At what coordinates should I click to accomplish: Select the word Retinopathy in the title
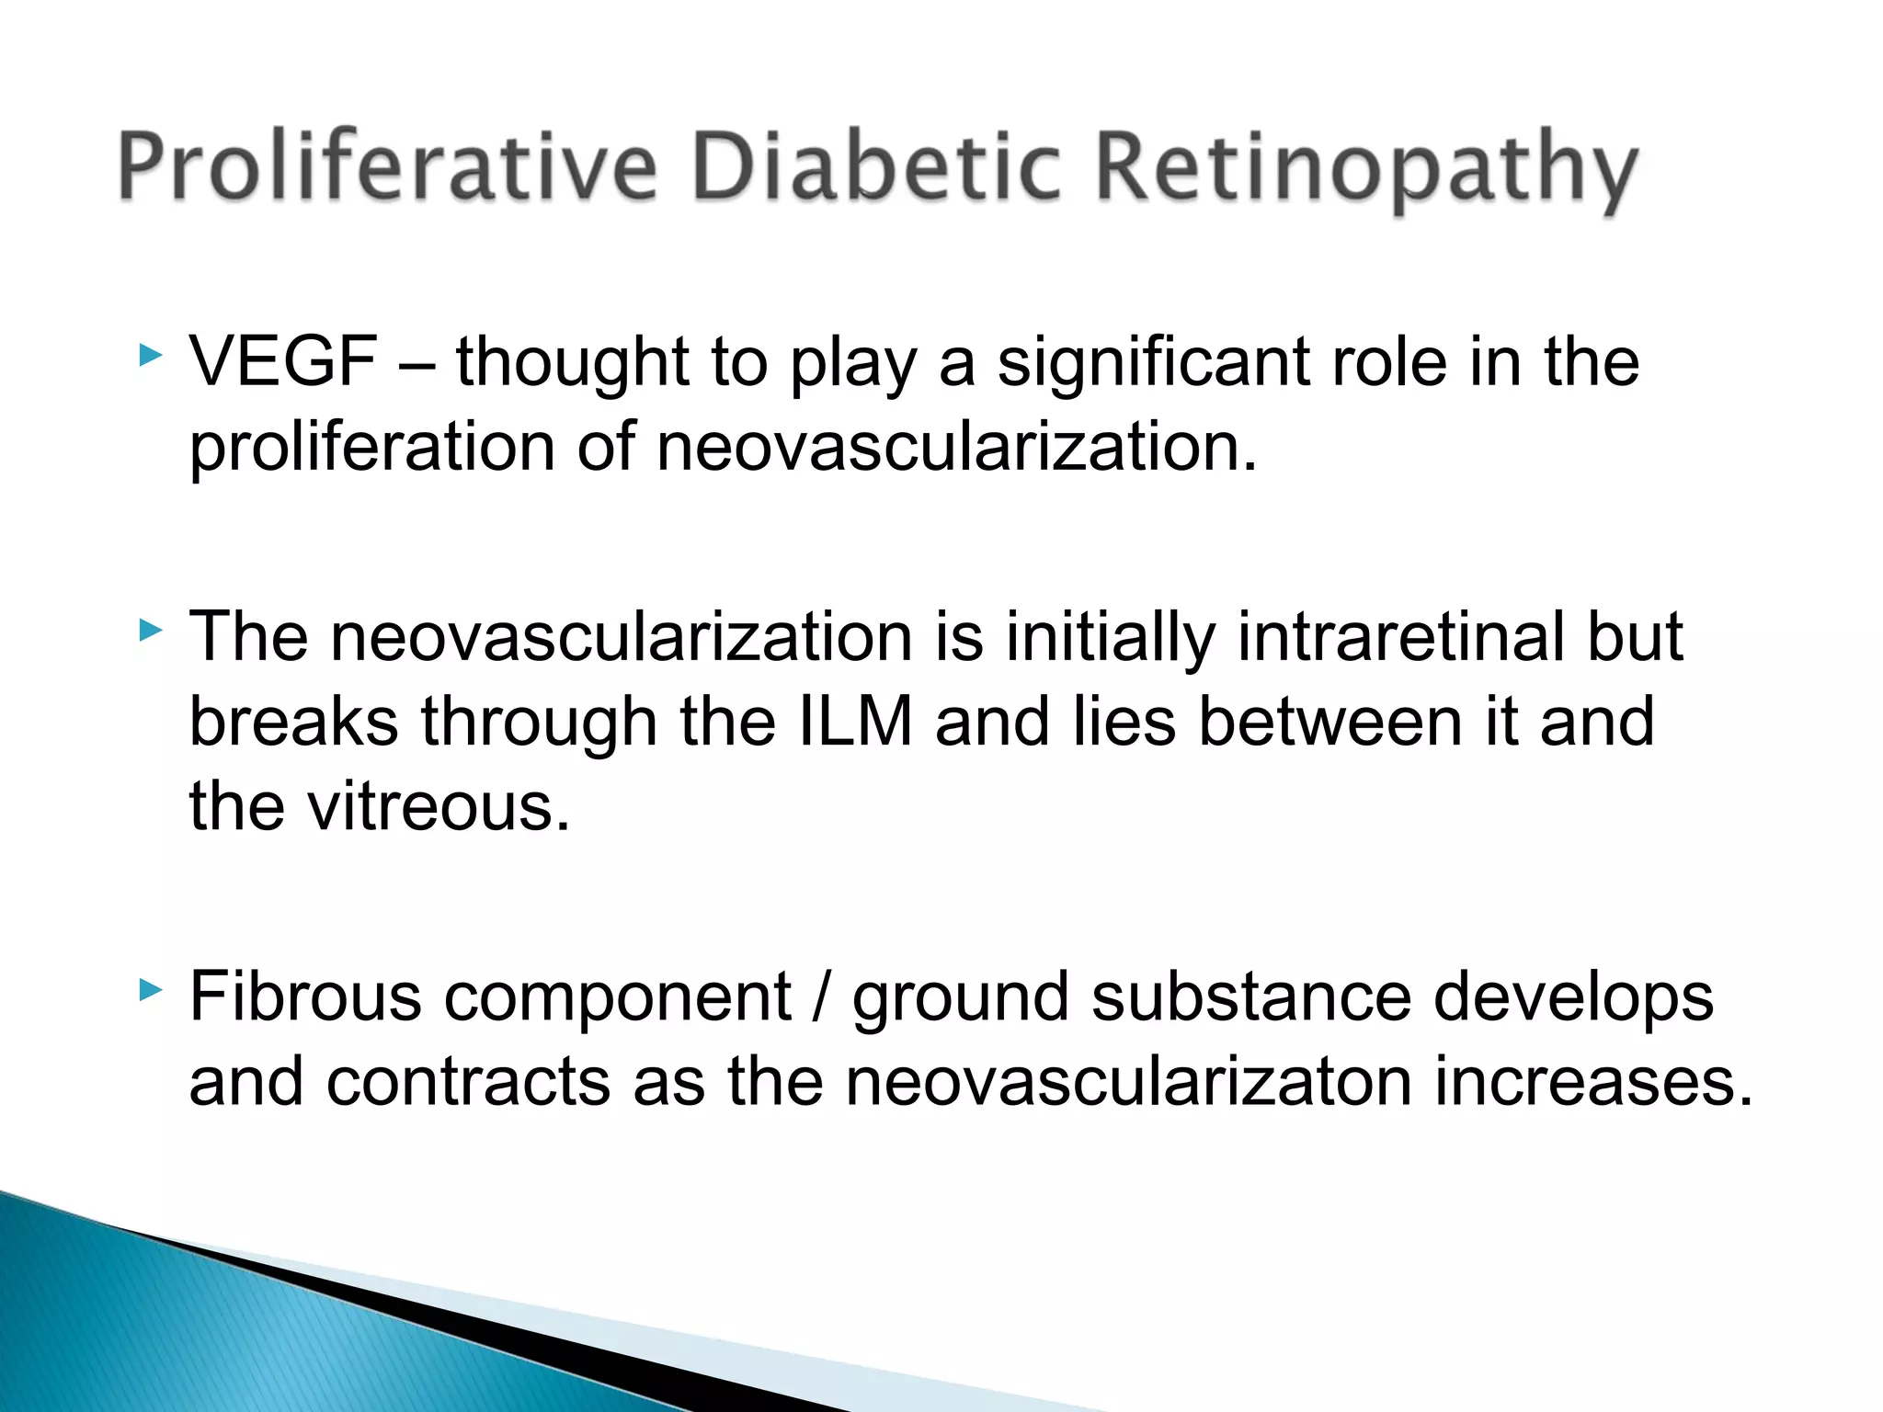coord(1366,172)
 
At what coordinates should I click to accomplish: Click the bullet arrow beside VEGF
coord(150,355)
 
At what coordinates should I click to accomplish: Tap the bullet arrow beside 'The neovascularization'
coord(150,630)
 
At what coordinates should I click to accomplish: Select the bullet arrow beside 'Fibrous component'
coord(150,990)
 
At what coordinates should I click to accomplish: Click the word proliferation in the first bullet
coord(371,449)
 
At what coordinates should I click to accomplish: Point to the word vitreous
coord(439,807)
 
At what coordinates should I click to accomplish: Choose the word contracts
coord(468,1082)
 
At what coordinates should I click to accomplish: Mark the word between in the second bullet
coord(1330,722)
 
